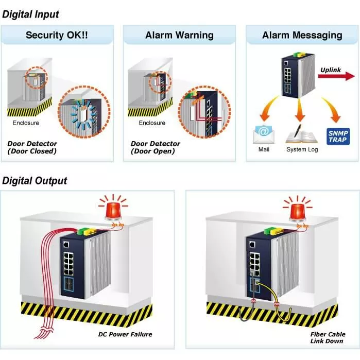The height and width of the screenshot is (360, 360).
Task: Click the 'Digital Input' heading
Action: pyautogui.click(x=31, y=14)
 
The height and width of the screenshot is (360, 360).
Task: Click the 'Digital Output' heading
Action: pyautogui.click(x=35, y=180)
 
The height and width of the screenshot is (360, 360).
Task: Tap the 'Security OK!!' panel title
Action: pyautogui.click(x=57, y=35)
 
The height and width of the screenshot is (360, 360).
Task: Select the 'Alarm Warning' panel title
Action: pyautogui.click(x=179, y=35)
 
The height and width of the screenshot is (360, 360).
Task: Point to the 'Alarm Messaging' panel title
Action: pyautogui.click(x=302, y=35)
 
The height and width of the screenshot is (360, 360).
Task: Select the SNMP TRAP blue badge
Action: pyautogui.click(x=338, y=135)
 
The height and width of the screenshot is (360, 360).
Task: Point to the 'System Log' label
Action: pyautogui.click(x=302, y=149)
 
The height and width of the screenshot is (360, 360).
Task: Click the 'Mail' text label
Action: pyautogui.click(x=264, y=149)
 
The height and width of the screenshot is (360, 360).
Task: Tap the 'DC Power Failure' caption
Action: pyautogui.click(x=125, y=334)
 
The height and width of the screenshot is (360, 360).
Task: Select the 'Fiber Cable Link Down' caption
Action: pyautogui.click(x=328, y=338)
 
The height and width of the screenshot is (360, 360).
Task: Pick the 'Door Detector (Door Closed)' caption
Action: pyautogui.click(x=32, y=147)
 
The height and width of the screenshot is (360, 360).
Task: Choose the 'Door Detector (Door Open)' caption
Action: pyautogui.click(x=156, y=147)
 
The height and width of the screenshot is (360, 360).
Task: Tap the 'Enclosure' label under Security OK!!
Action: pyautogui.click(x=26, y=123)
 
